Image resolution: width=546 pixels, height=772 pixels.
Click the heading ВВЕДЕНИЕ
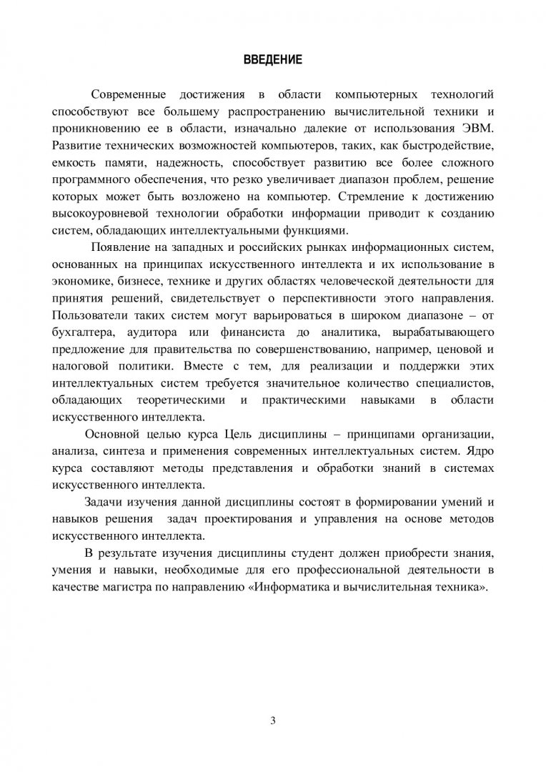273,61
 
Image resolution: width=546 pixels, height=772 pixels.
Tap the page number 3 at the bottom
273,720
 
